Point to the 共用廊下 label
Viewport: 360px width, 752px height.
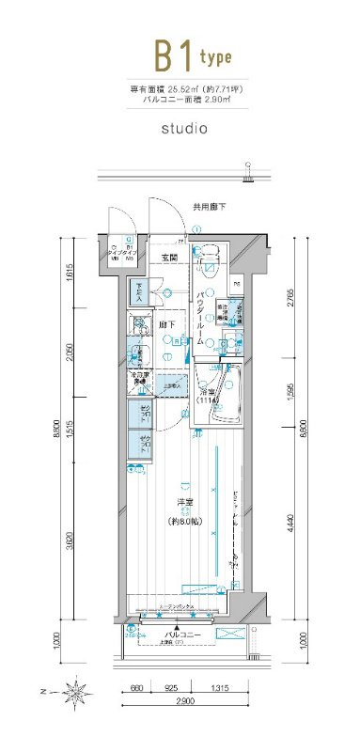tap(209, 206)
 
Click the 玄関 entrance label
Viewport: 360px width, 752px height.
tap(169, 258)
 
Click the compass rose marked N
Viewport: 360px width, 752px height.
tap(75, 695)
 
